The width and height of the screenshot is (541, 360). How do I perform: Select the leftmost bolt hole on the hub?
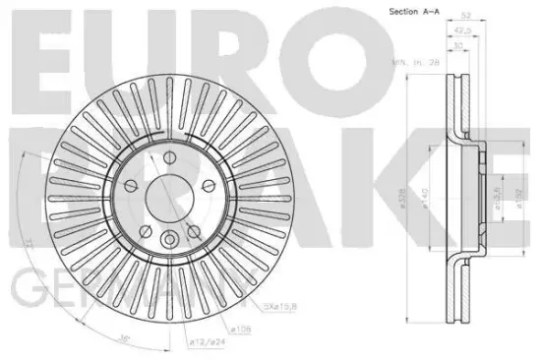(132, 187)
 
